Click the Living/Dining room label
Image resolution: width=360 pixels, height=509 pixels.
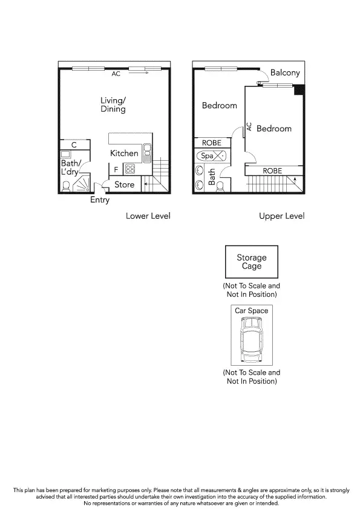[x=113, y=105]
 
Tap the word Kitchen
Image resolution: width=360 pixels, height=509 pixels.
[x=124, y=154]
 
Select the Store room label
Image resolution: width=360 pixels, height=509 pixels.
[x=124, y=184]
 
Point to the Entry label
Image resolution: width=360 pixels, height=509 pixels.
[x=100, y=200]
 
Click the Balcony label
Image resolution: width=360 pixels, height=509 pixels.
[x=285, y=73]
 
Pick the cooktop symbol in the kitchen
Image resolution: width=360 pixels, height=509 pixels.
[x=130, y=169]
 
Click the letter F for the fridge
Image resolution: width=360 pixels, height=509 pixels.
[x=116, y=170]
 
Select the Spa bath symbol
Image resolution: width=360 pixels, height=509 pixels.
[x=212, y=156]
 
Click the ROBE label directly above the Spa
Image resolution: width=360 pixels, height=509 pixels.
[x=212, y=143]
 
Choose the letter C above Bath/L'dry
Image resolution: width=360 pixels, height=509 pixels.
[x=73, y=145]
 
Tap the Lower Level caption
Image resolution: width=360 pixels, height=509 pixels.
[x=148, y=216]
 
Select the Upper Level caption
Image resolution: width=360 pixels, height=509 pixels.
[x=281, y=216]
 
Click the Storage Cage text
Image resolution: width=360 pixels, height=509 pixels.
[x=251, y=262]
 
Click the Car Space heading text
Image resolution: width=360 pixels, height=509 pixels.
[x=251, y=311]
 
